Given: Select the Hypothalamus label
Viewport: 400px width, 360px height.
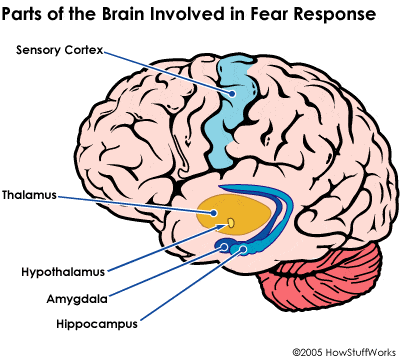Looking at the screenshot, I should point(62,270).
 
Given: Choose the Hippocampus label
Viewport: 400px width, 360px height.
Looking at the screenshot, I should point(67,323).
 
